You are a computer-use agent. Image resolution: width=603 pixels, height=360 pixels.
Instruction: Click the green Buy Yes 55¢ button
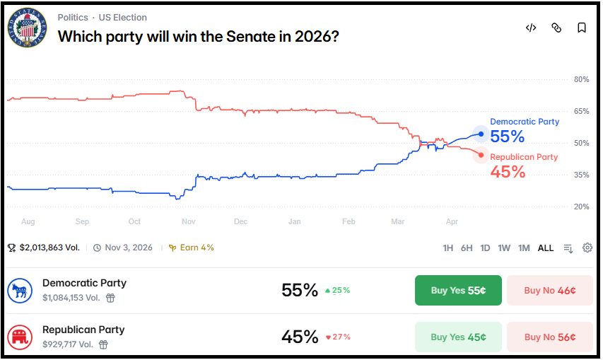pos(458,290)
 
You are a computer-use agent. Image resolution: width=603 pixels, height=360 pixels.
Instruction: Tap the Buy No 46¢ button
pos(549,290)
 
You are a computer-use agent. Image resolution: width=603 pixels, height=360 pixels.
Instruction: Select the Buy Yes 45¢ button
pos(458,337)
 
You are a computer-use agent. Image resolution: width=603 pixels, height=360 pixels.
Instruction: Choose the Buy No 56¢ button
pos(549,337)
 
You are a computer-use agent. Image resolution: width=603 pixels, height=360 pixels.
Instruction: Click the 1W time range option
pos(504,248)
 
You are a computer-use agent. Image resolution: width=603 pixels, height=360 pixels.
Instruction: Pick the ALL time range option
pos(546,248)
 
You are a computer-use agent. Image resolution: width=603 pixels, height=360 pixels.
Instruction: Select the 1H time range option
pos(447,248)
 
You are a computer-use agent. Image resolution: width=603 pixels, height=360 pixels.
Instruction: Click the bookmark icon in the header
pos(581,28)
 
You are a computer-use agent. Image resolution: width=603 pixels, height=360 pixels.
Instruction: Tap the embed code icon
pos(531,28)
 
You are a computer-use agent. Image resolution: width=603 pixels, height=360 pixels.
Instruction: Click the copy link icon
pos(556,28)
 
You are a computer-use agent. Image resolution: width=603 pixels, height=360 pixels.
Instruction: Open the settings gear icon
pos(587,248)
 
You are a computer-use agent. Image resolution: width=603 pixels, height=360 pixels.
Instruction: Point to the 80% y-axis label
pos(581,79)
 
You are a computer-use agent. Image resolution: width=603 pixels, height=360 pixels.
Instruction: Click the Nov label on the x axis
pos(188,221)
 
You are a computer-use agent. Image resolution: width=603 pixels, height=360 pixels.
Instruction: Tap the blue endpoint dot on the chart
pos(481,134)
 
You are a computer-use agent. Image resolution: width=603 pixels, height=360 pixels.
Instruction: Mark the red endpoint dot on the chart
pos(481,155)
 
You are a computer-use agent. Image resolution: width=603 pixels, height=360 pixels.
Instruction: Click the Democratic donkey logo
pos(19,290)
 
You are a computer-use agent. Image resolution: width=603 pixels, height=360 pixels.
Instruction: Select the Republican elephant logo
pos(19,337)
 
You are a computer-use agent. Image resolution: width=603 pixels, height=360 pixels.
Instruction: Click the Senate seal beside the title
pos(28,28)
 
